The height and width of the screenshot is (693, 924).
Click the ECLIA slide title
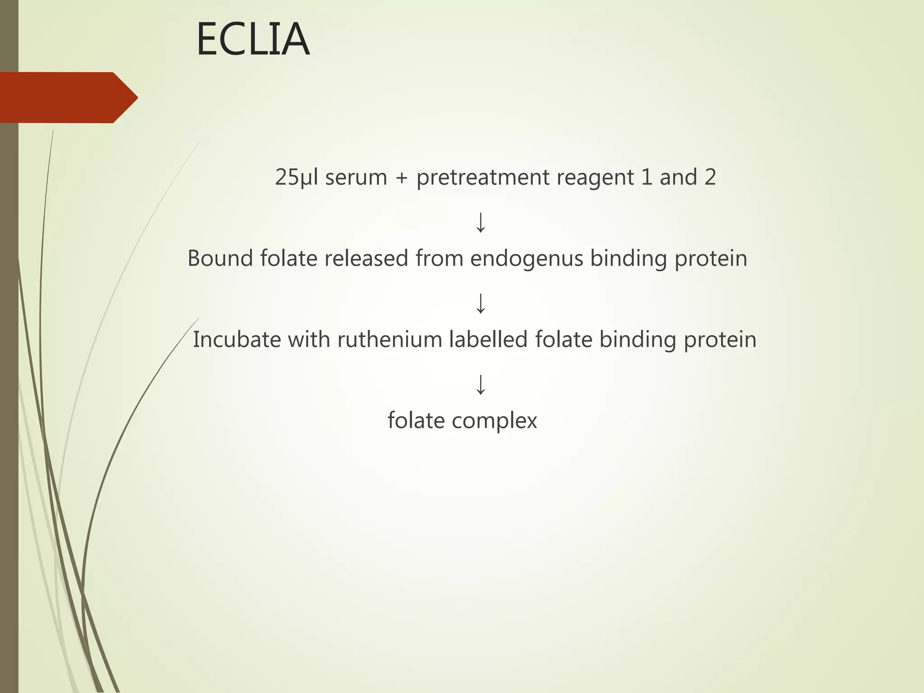coord(253,40)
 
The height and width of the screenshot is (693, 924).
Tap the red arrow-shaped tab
coord(68,97)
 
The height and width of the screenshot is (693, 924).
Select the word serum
coord(356,177)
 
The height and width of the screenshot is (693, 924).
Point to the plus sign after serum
coord(402,178)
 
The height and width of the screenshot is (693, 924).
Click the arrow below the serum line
coord(480,222)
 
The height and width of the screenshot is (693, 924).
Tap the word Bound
coord(220,259)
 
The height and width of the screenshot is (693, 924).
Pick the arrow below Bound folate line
coord(480,304)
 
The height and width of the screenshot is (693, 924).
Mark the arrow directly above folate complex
coord(480,385)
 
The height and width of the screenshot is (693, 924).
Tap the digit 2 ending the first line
coord(710,177)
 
